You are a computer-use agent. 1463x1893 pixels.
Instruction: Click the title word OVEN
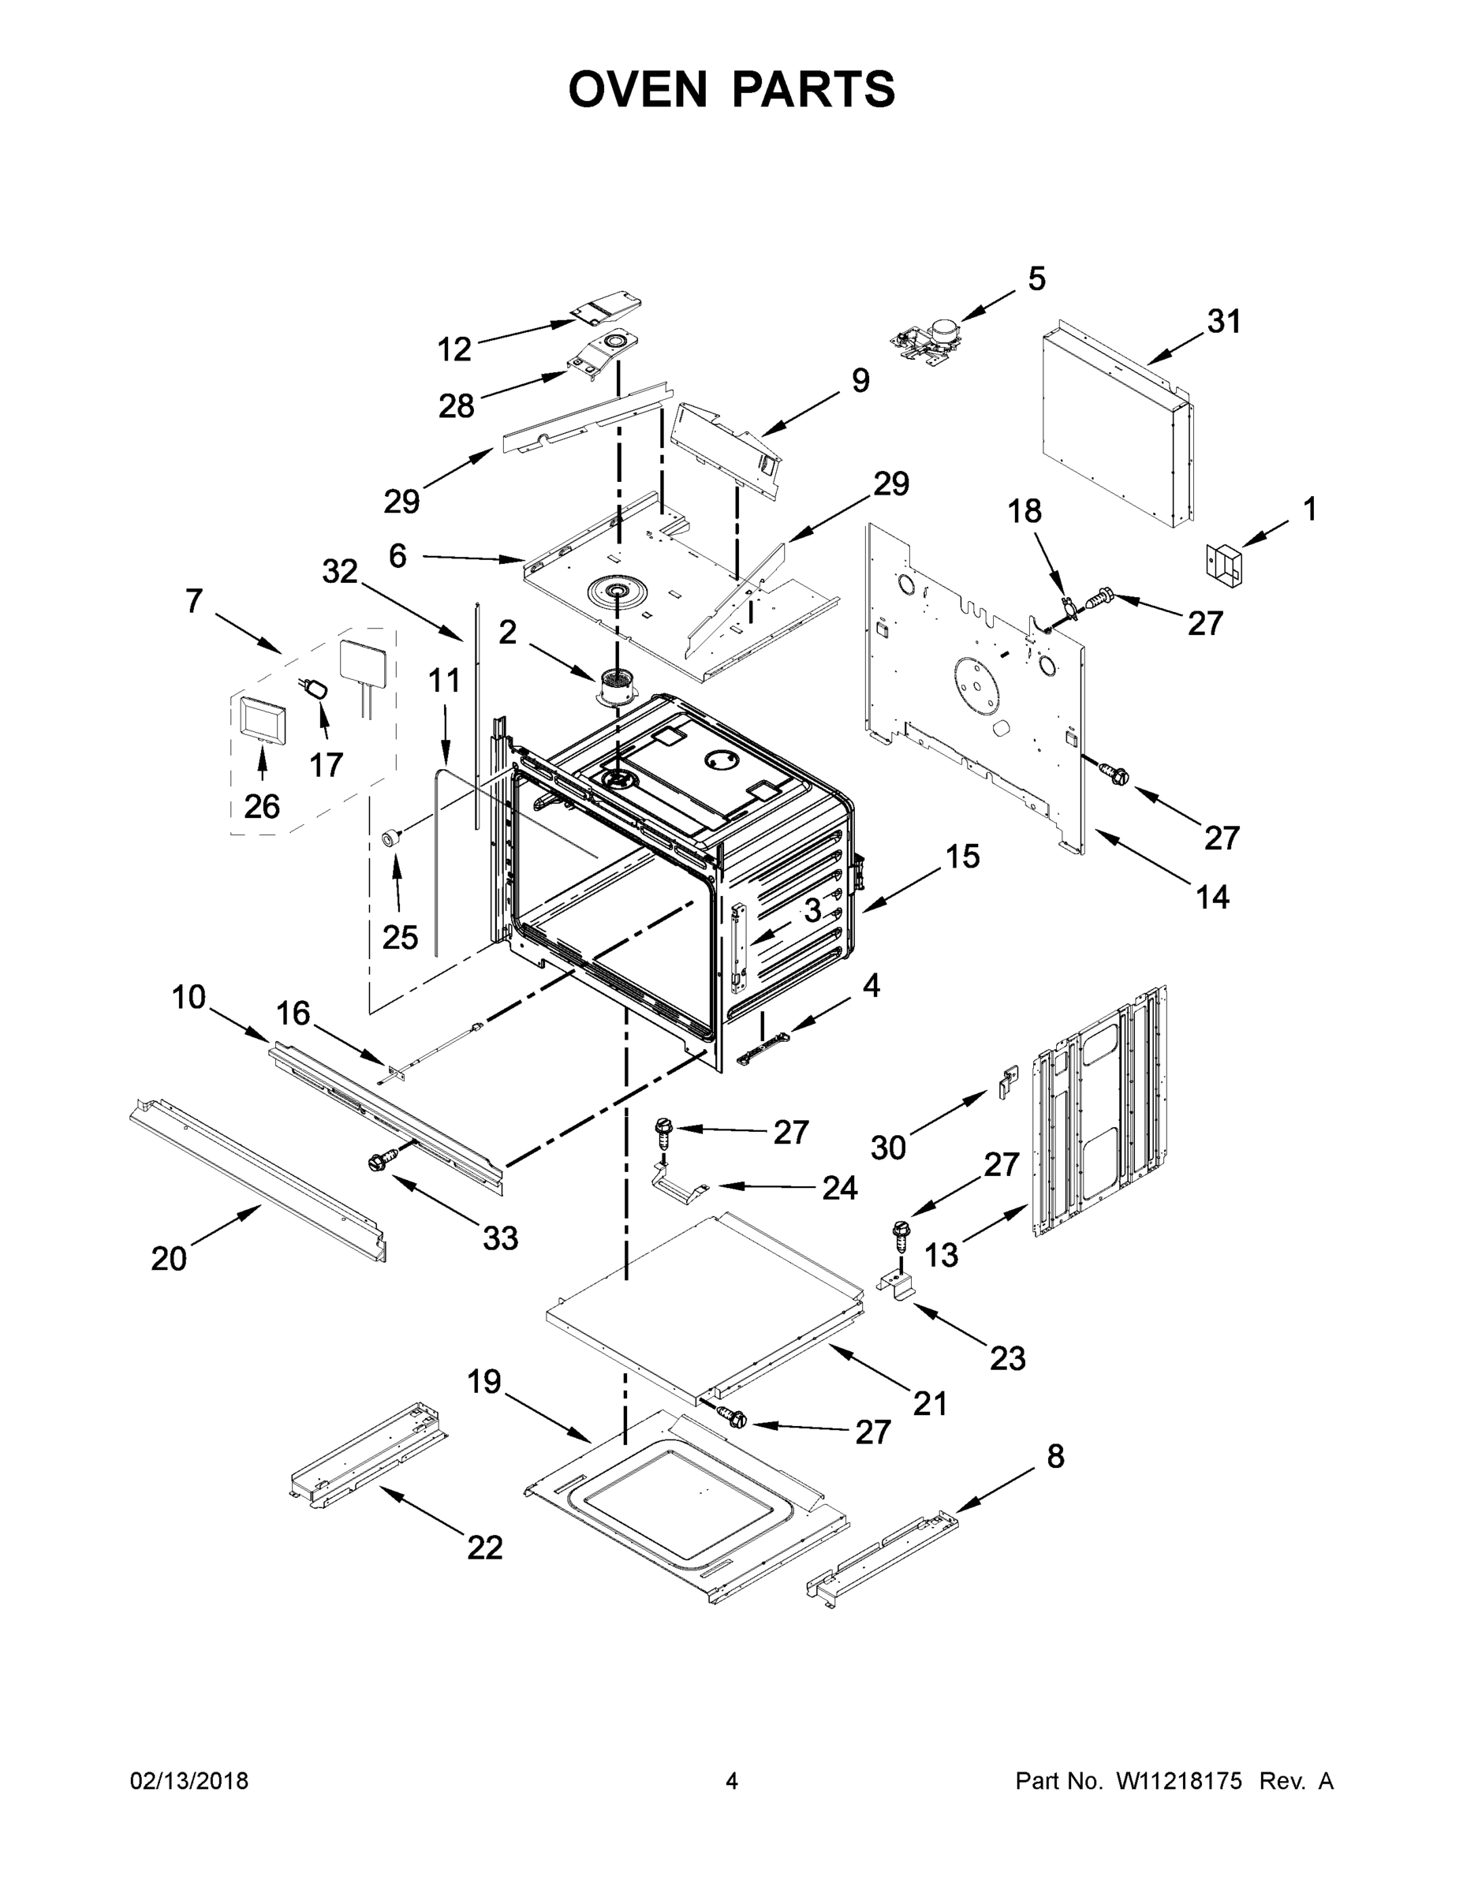click(638, 89)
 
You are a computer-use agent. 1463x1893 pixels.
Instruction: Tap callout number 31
click(1224, 322)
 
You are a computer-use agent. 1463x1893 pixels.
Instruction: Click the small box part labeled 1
click(1224, 561)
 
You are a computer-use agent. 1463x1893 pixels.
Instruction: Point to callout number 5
click(1036, 278)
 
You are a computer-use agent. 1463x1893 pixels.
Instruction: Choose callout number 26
click(262, 806)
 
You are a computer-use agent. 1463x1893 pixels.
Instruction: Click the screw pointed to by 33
click(382, 1159)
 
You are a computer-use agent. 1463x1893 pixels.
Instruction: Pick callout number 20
click(169, 1259)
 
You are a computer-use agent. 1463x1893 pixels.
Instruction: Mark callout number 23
click(1007, 1358)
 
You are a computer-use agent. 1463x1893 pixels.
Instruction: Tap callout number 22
click(484, 1548)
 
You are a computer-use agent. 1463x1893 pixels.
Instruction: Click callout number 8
click(1054, 1456)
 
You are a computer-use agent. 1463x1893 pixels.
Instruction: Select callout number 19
click(484, 1381)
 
